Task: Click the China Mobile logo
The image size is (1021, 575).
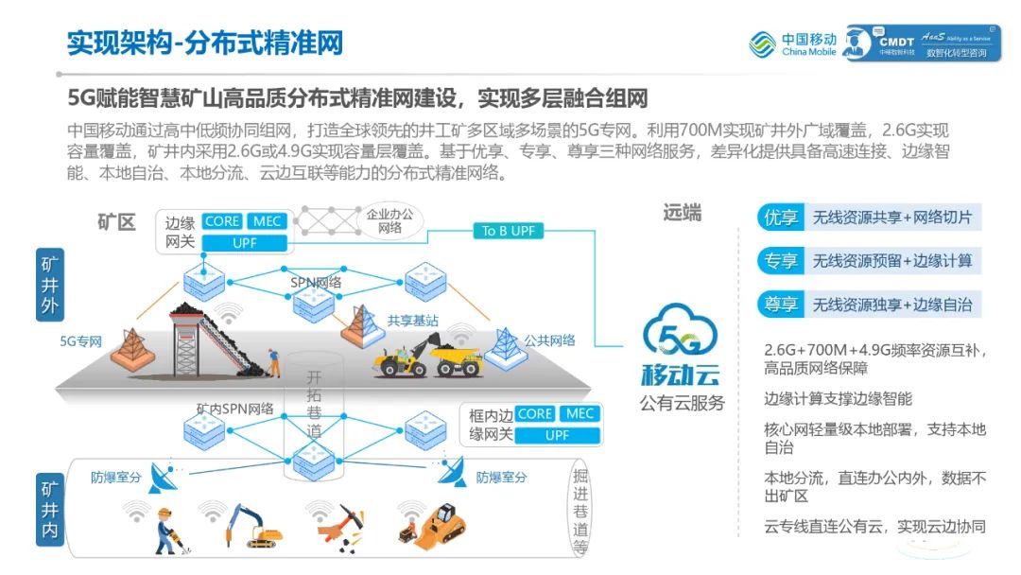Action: click(792, 44)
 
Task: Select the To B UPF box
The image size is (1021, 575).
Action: click(508, 231)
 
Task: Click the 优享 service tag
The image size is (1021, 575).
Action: click(780, 218)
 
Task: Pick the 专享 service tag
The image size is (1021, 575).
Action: click(780, 261)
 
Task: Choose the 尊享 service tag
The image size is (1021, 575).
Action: click(780, 305)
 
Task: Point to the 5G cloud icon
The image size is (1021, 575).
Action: click(681, 335)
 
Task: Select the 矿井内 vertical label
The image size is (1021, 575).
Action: click(50, 512)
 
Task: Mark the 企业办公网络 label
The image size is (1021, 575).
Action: click(389, 221)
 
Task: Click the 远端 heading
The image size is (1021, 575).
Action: click(682, 213)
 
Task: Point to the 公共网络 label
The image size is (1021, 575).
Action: click(549, 340)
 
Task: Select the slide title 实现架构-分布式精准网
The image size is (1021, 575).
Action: click(204, 43)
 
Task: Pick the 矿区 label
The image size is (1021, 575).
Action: click(116, 222)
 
